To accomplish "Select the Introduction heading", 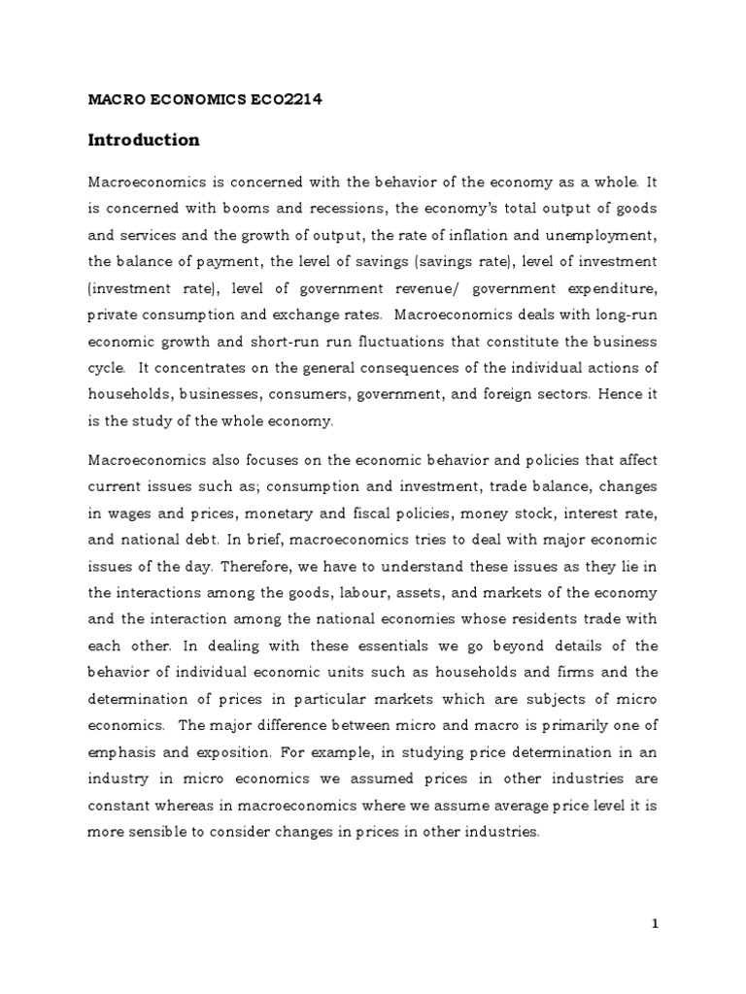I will (144, 140).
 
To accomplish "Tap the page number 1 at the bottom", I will (655, 924).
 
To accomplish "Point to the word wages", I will (127, 514).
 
